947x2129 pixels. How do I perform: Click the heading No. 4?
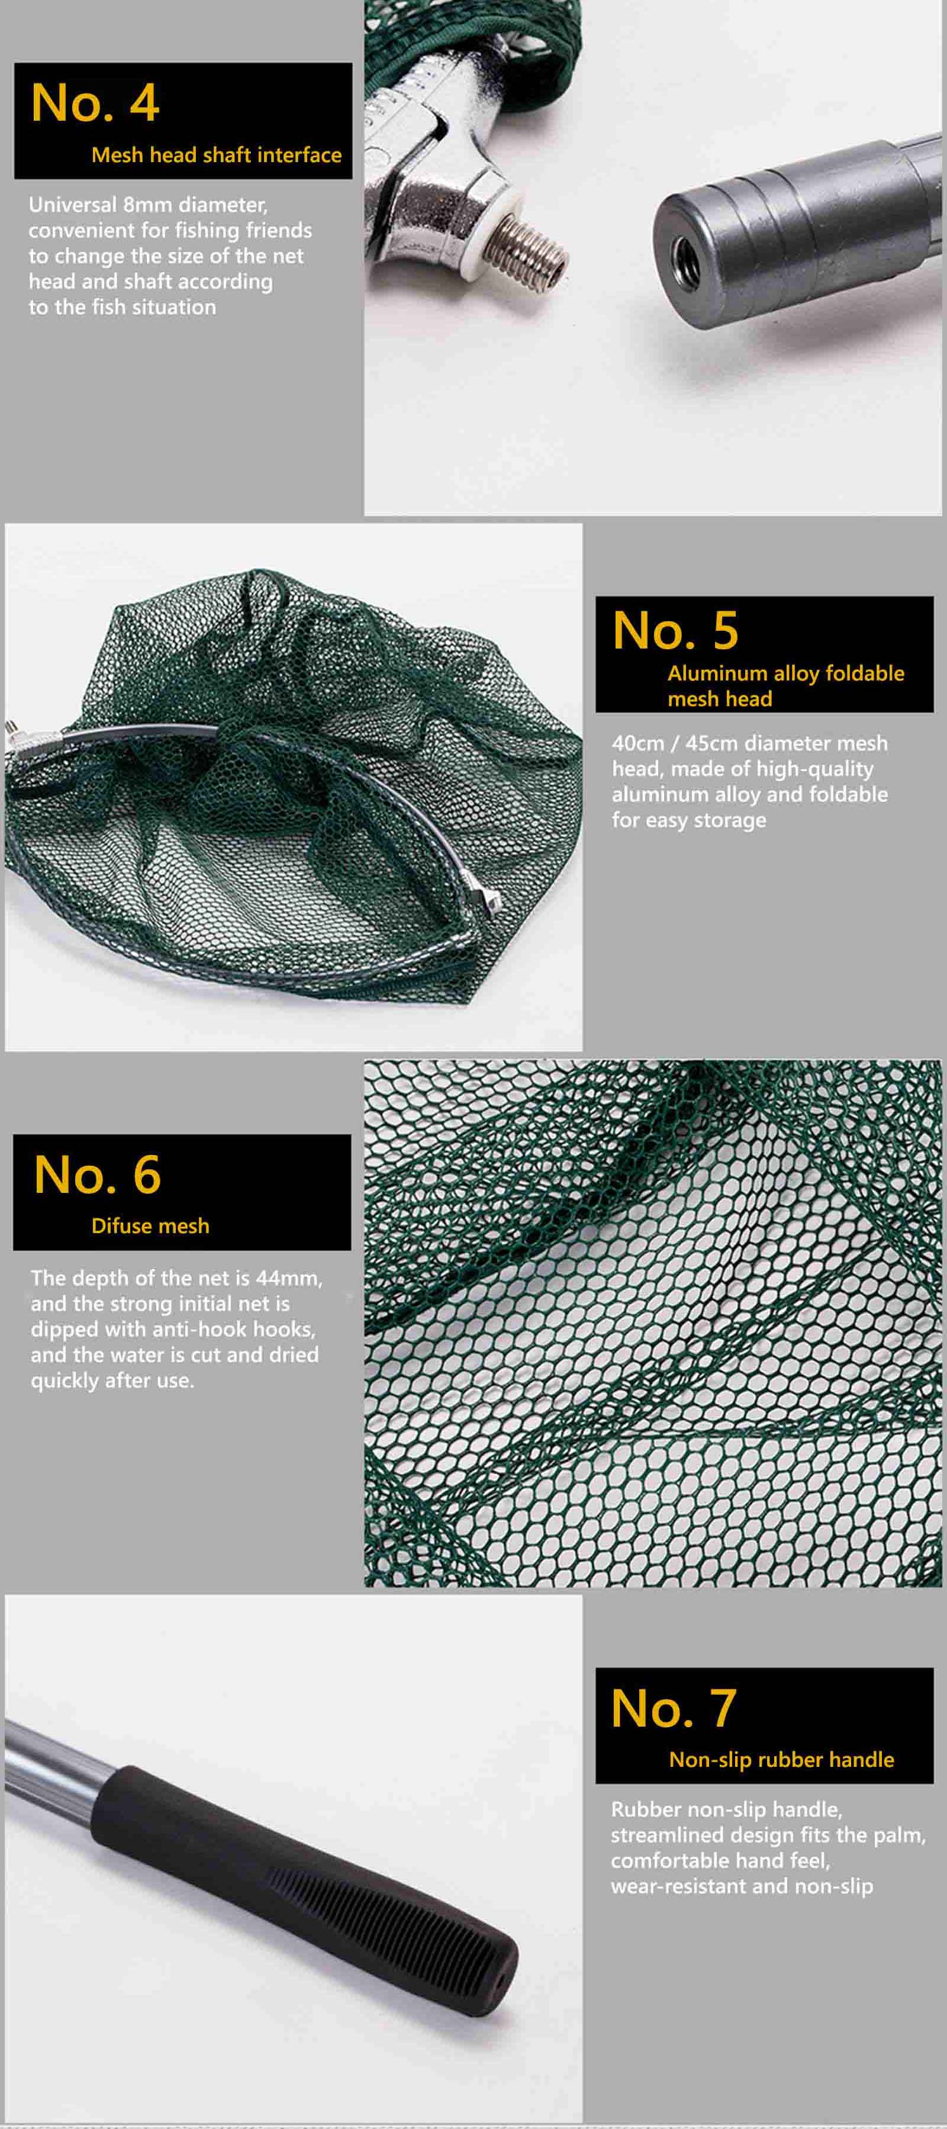point(95,104)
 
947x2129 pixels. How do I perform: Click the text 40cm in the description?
point(638,743)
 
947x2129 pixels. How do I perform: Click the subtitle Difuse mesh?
point(150,1225)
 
